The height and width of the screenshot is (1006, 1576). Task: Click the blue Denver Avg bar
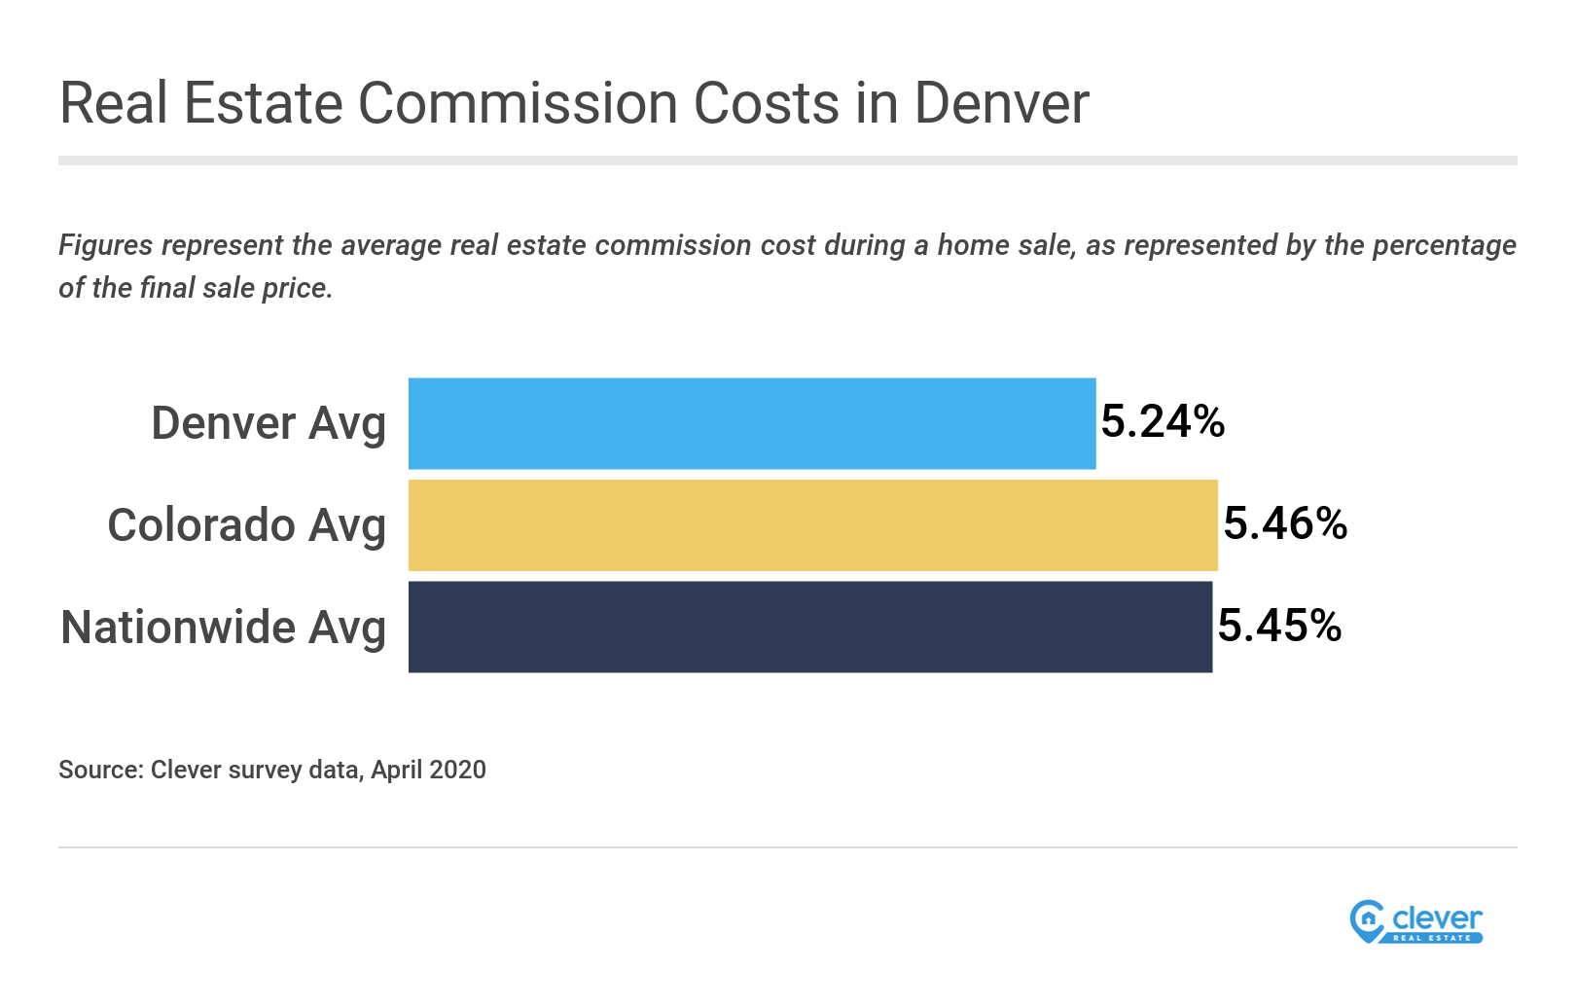751,423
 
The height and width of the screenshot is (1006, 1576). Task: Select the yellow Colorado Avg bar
812,525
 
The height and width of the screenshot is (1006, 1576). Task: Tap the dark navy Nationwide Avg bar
809,627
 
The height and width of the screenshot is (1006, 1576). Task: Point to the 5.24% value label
1163,422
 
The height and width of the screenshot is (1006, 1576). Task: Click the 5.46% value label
1285,524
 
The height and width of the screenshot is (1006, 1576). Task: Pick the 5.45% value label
1279,626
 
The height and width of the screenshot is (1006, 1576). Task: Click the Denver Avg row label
269,424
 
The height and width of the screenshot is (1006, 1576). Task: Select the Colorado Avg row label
246,525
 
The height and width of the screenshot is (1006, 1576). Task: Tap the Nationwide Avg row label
223,628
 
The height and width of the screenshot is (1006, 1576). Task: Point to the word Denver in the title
1001,103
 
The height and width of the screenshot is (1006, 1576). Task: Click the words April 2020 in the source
428,770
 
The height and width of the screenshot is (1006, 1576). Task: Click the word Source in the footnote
98,770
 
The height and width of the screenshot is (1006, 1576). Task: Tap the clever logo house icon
1368,919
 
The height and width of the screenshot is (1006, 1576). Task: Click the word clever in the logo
1437,917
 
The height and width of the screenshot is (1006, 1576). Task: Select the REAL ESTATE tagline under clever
1432,938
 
